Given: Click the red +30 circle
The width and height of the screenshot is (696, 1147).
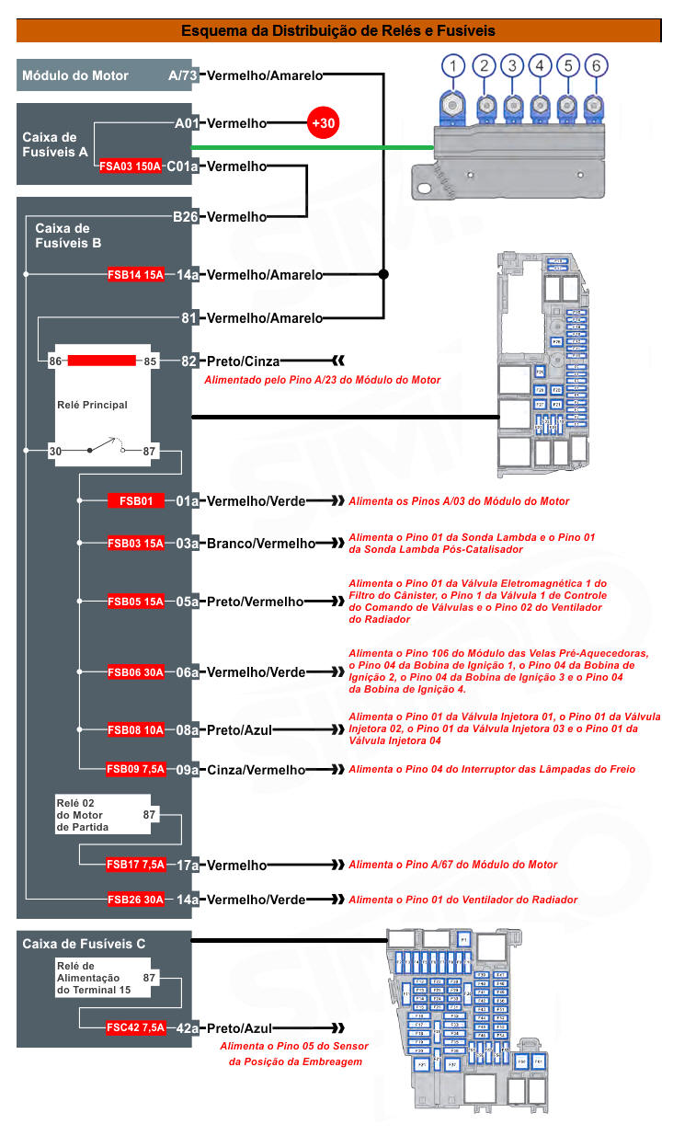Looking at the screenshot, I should click(323, 122).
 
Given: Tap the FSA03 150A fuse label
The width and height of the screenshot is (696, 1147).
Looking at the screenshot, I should click(130, 166).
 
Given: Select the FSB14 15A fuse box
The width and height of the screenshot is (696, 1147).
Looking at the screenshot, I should click(135, 274).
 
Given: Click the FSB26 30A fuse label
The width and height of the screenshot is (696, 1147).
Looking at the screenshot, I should click(135, 900).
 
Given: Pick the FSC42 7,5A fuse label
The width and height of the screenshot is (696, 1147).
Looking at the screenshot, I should click(135, 1027).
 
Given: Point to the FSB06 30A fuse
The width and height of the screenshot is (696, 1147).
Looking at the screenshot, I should click(135, 672).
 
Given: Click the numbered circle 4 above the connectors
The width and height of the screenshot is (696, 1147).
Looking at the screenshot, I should click(540, 65).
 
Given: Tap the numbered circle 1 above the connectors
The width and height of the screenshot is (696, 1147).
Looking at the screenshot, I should click(452, 65).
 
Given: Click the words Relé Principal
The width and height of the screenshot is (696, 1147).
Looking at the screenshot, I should click(92, 405).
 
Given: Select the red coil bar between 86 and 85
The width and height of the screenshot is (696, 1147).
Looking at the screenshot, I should click(101, 361).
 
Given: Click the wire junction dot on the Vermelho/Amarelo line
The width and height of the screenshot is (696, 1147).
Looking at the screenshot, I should click(383, 274).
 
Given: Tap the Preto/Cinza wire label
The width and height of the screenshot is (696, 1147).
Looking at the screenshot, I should click(243, 361).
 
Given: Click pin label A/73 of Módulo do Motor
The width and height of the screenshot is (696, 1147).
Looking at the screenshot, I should click(182, 75).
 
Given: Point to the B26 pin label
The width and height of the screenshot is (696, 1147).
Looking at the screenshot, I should click(186, 217).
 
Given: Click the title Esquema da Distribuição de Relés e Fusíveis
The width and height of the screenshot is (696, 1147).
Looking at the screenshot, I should click(338, 31).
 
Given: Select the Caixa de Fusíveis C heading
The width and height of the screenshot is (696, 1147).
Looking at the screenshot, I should click(84, 944).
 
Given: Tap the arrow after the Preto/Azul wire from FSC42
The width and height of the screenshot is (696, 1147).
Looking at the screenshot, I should click(337, 1027).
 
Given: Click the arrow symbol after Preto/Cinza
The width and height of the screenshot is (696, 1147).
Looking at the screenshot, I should click(337, 361).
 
